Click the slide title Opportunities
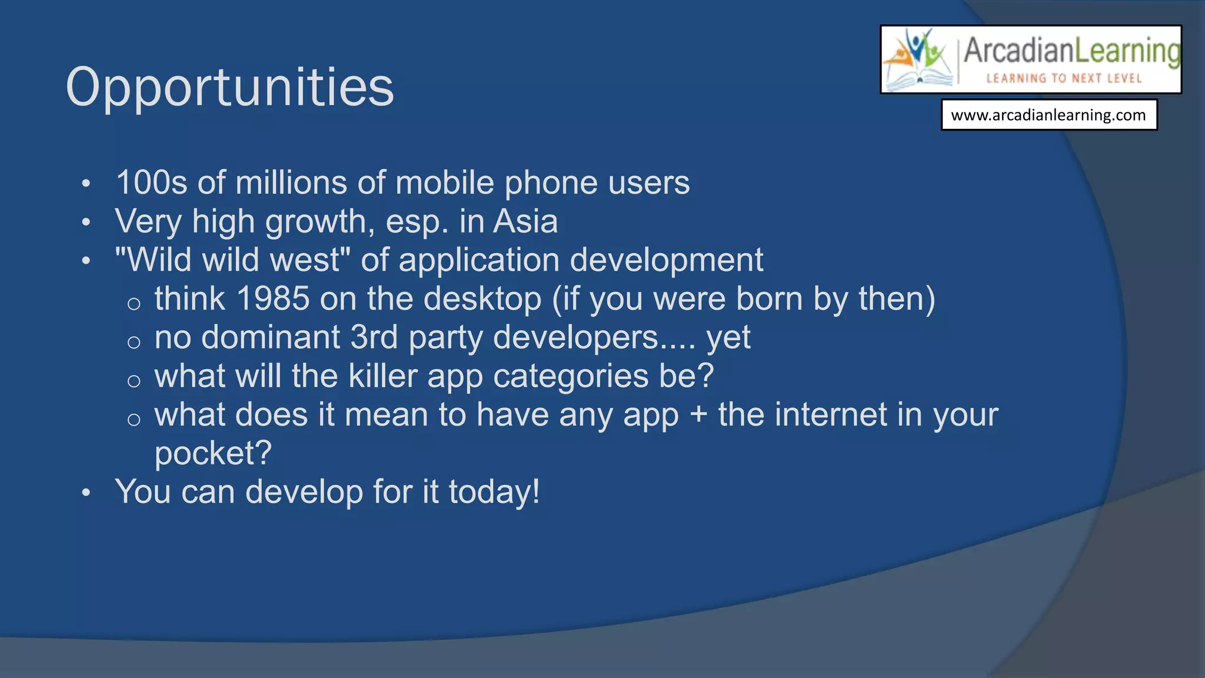tap(229, 87)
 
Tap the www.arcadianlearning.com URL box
tap(1048, 115)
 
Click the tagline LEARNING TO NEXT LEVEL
tap(1064, 78)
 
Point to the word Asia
tap(525, 221)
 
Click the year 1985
tap(273, 298)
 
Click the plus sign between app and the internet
tap(698, 416)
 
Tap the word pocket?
tap(213, 453)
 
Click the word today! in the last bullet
tap(494, 491)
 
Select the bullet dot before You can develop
tap(86, 493)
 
